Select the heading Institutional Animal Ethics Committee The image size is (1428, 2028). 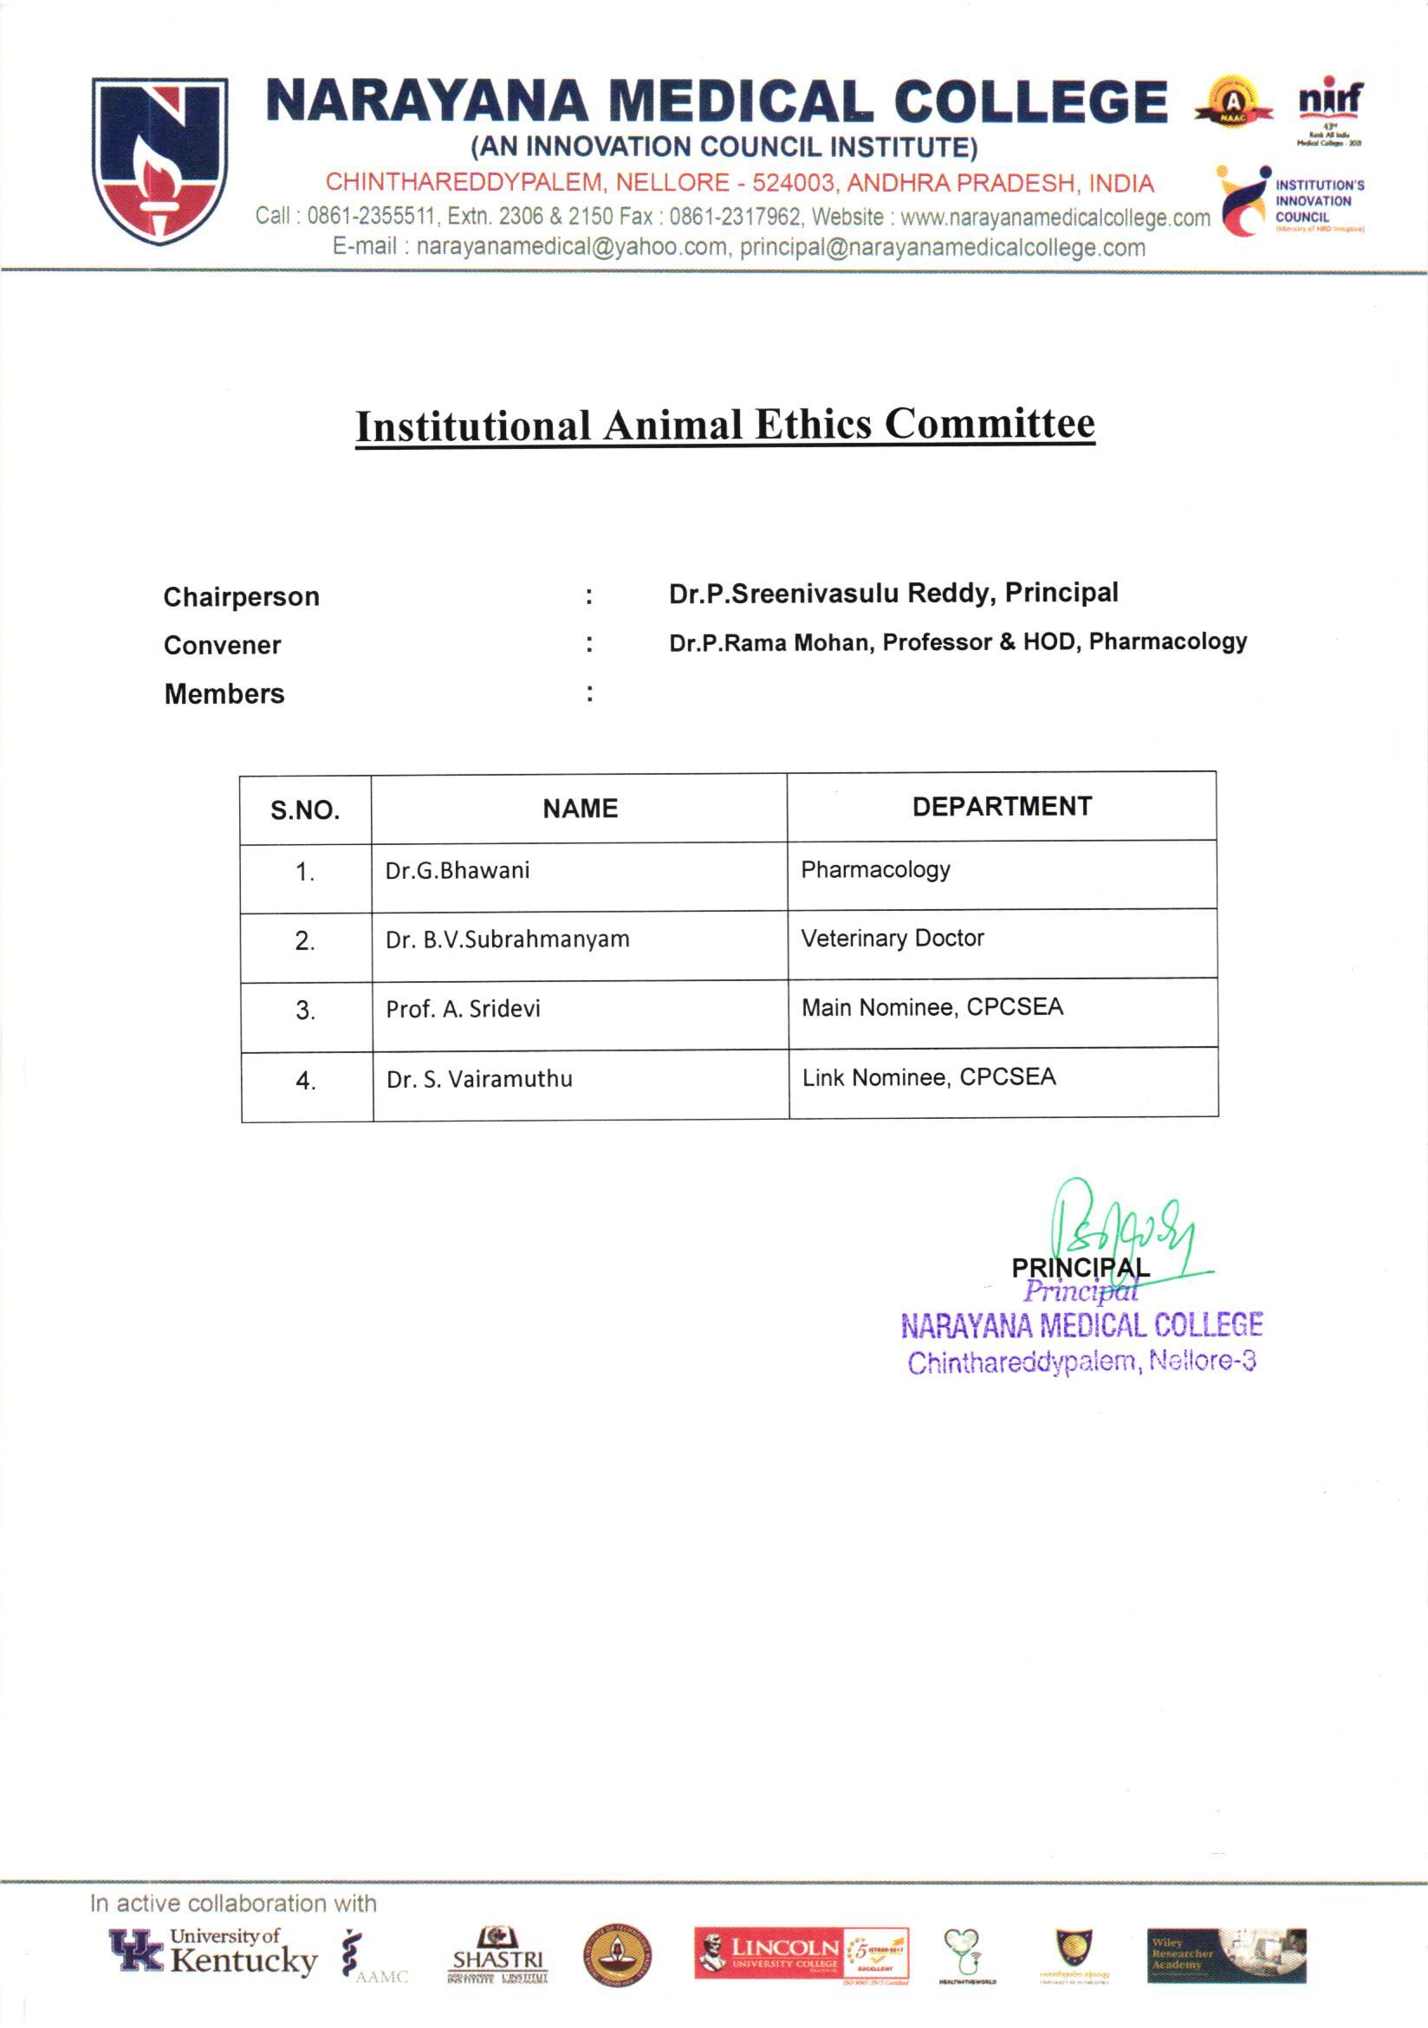pyautogui.click(x=724, y=425)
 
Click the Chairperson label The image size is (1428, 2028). pyautogui.click(x=241, y=597)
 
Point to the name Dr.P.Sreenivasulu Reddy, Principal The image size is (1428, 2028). pyautogui.click(x=892, y=593)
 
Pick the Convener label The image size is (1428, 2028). pyautogui.click(x=222, y=646)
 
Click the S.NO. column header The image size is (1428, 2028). pyautogui.click(x=305, y=810)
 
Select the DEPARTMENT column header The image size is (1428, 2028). pyautogui.click(x=1002, y=806)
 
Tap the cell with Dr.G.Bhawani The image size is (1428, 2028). pyautogui.click(x=458, y=871)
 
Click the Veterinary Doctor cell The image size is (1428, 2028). pyautogui.click(x=892, y=938)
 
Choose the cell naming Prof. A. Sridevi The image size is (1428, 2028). pyautogui.click(x=463, y=1009)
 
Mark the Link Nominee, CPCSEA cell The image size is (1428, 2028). pyautogui.click(x=928, y=1077)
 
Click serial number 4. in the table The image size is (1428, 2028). pyautogui.click(x=306, y=1081)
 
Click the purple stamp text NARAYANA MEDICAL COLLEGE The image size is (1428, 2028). pyautogui.click(x=1081, y=1325)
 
